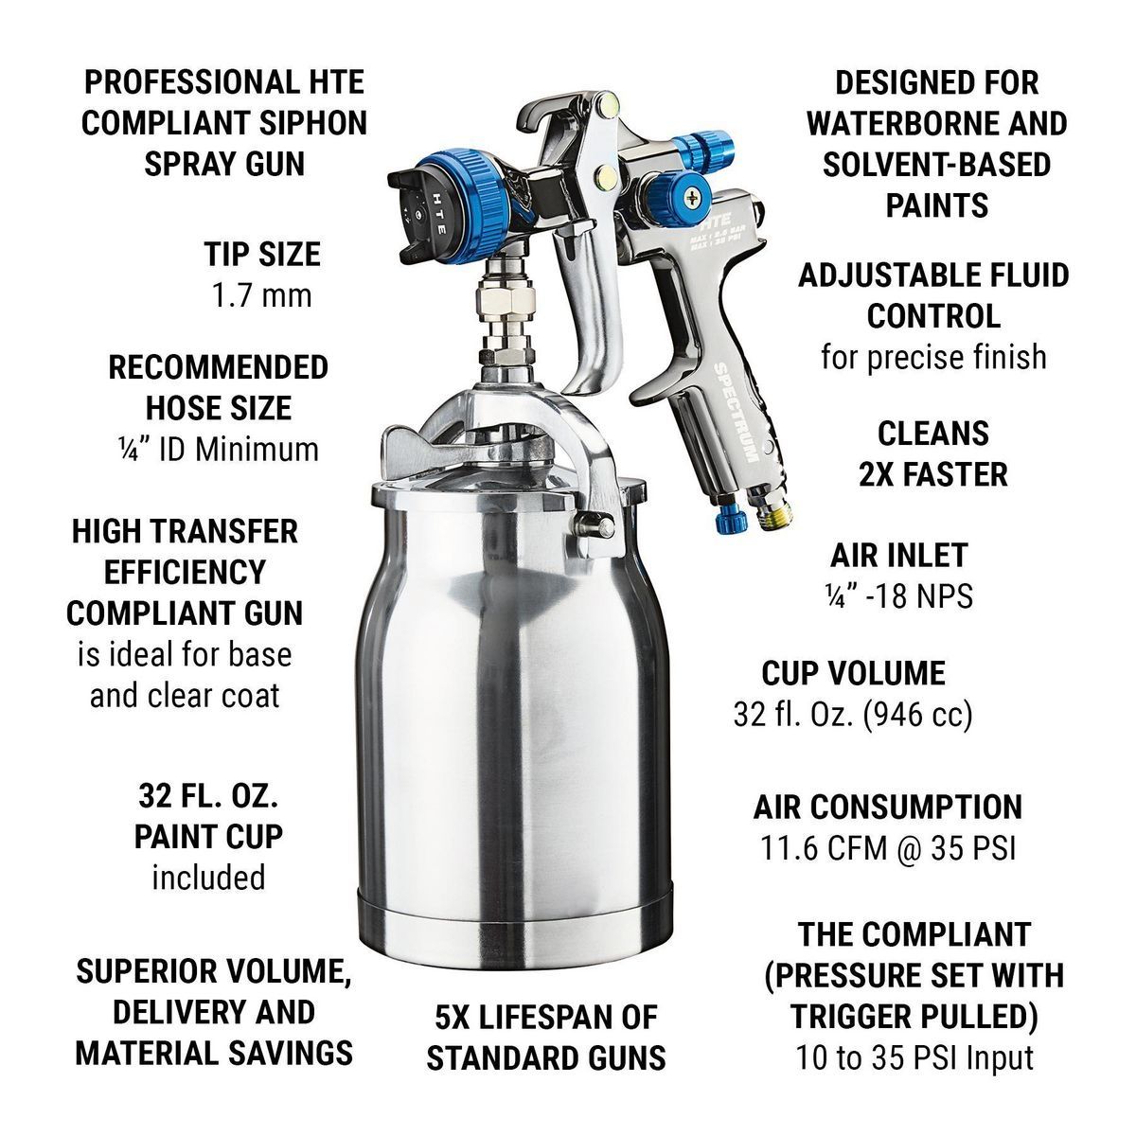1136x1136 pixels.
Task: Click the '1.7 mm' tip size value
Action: tap(258, 295)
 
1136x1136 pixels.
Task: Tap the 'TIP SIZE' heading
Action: tap(262, 254)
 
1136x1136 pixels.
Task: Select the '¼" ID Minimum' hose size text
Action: tap(218, 449)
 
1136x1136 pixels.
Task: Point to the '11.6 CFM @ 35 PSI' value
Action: tap(888, 848)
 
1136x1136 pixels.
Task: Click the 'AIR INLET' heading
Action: tap(898, 555)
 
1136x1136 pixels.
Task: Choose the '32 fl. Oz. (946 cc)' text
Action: tap(853, 715)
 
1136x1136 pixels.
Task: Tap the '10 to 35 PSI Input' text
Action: tap(914, 1057)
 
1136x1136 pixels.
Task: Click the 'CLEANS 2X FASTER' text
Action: tap(932, 453)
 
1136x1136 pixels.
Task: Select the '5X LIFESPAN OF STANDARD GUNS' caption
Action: tap(545, 1038)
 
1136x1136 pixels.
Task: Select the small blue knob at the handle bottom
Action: tap(726, 519)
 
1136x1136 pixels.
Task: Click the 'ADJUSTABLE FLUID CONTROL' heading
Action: tap(932, 295)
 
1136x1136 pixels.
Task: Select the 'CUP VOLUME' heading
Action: tap(853, 673)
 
